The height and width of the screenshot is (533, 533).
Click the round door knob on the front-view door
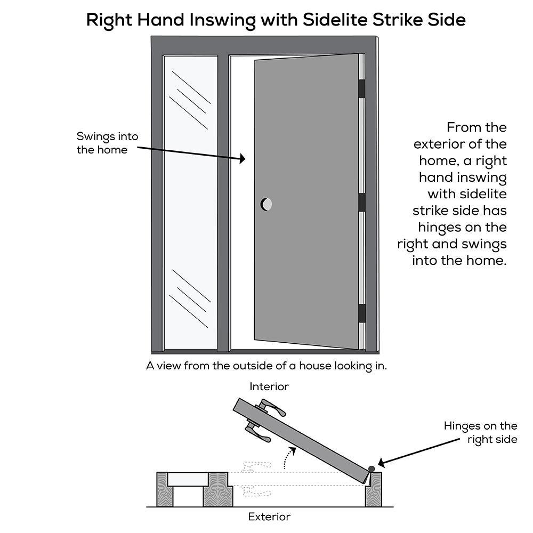(x=266, y=204)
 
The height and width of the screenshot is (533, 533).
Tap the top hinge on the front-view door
(x=362, y=88)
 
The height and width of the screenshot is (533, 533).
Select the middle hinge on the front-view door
(x=362, y=202)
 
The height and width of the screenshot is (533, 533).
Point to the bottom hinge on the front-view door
(x=362, y=313)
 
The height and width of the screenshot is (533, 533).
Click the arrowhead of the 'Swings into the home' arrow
(x=243, y=158)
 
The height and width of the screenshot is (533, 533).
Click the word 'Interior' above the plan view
(x=269, y=386)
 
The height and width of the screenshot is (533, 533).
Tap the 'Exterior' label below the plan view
(x=269, y=516)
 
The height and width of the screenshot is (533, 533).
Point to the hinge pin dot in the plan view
(x=372, y=469)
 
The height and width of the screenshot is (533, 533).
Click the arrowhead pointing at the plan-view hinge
(x=382, y=463)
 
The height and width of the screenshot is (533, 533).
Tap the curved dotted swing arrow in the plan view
(x=288, y=457)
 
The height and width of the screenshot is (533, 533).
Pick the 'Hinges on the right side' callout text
(x=481, y=432)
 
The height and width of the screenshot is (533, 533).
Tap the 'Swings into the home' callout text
(x=108, y=143)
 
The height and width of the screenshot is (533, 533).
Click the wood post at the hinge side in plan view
(x=374, y=490)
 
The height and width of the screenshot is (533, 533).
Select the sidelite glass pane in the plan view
(x=188, y=479)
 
